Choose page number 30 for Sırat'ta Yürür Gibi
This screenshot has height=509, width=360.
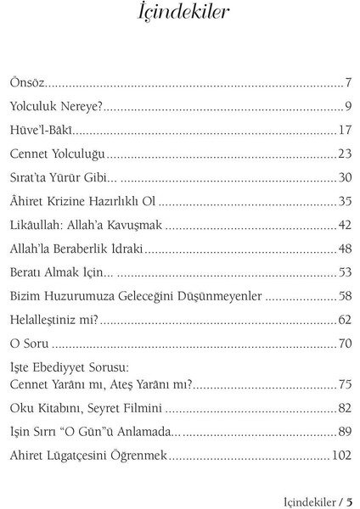click(345, 177)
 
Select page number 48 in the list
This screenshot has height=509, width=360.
click(345, 249)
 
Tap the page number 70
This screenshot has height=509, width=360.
click(345, 344)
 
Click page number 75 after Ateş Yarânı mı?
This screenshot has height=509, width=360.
click(345, 383)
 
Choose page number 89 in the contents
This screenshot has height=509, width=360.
click(345, 430)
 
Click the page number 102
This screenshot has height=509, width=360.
click(341, 454)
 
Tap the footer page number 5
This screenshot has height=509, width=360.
click(349, 500)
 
